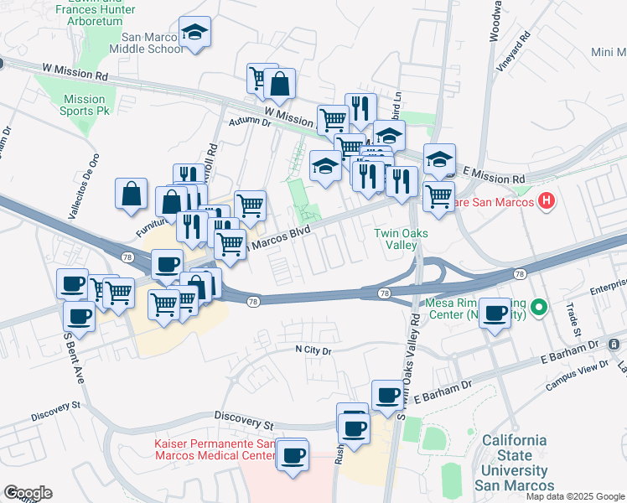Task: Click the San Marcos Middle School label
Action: [x=152, y=43]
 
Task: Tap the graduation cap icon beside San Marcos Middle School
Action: [x=194, y=34]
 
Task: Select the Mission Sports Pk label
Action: [x=85, y=105]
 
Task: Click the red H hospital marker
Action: [x=547, y=201]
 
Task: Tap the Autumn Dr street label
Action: [x=251, y=122]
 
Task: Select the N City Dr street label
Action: [x=314, y=350]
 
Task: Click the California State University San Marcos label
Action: [x=514, y=463]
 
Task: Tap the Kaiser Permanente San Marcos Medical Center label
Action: [x=215, y=449]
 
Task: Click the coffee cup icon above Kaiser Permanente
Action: [x=293, y=456]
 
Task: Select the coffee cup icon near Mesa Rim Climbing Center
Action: [x=496, y=314]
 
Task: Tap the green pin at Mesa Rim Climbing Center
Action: [x=541, y=309]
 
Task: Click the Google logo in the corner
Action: [x=27, y=493]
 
